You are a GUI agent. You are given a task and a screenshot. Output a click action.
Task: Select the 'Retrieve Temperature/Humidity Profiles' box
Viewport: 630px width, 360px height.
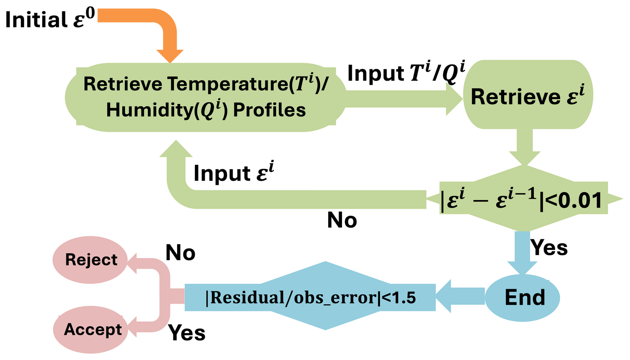(205, 97)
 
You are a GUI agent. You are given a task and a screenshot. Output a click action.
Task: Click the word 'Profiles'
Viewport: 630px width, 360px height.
(269, 110)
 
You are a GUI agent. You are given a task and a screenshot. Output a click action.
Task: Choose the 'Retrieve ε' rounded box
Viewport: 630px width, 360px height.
(528, 95)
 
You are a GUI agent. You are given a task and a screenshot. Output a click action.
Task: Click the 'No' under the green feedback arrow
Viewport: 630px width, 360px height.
(342, 220)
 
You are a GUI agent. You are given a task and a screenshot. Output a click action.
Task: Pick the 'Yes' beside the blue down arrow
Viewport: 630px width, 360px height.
(549, 248)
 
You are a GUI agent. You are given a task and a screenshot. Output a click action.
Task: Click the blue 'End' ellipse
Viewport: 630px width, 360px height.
(522, 297)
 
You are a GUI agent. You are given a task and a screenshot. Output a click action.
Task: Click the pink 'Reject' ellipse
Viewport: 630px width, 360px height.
(91, 260)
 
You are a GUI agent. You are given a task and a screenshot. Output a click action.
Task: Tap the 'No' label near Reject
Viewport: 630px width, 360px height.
(180, 253)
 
